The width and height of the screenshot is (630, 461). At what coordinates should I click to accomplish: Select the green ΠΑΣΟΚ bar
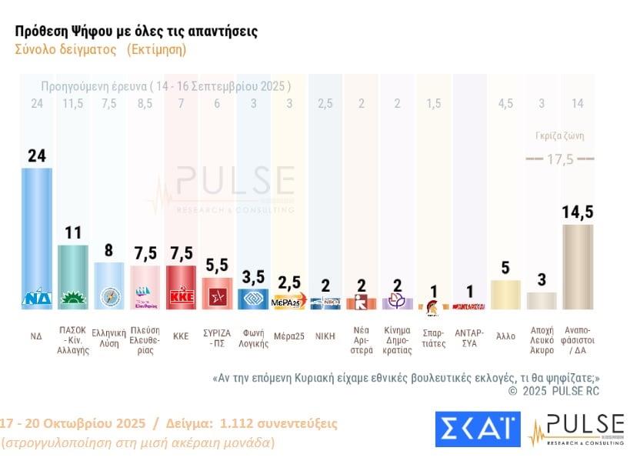[73, 273]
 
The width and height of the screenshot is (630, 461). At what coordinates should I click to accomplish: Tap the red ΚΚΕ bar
[181, 286]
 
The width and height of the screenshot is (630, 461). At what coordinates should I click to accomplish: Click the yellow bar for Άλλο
[505, 294]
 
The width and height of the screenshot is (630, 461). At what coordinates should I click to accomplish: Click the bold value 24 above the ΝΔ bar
[36, 155]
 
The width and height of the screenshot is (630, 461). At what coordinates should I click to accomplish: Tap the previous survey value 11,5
[73, 103]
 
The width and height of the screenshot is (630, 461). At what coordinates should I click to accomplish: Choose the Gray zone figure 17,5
[559, 159]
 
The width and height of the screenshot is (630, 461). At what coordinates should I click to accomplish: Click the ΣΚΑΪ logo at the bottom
[477, 429]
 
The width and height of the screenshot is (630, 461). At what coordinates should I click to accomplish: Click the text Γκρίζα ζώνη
[559, 136]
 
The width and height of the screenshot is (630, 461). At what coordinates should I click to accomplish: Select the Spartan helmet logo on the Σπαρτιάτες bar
[433, 306]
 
